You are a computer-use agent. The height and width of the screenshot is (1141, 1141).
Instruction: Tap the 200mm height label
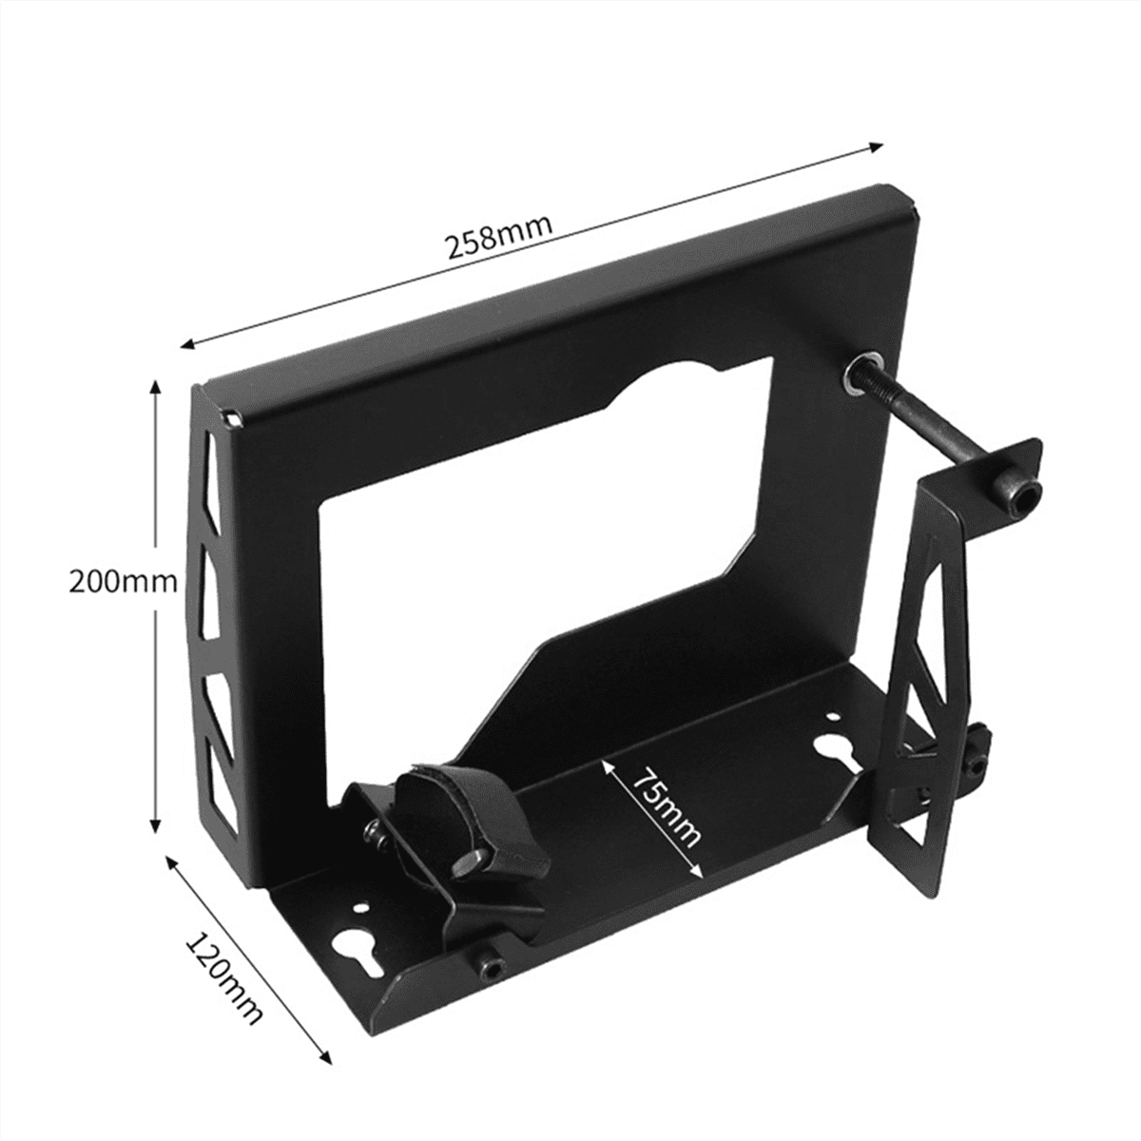(x=123, y=581)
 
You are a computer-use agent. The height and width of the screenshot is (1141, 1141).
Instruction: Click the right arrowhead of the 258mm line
(x=879, y=145)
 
